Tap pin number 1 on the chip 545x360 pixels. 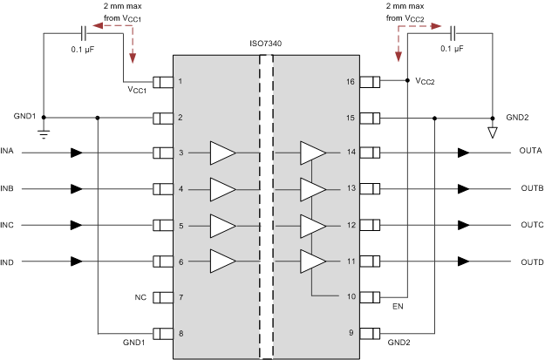tap(181, 82)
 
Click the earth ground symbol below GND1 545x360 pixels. tap(44, 132)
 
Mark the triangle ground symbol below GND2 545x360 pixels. tap(491, 132)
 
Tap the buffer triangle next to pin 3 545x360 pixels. tap(222, 153)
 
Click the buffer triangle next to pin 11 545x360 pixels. tap(312, 262)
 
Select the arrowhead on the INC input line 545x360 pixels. tap(77, 226)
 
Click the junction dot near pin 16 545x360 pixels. tap(408, 82)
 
